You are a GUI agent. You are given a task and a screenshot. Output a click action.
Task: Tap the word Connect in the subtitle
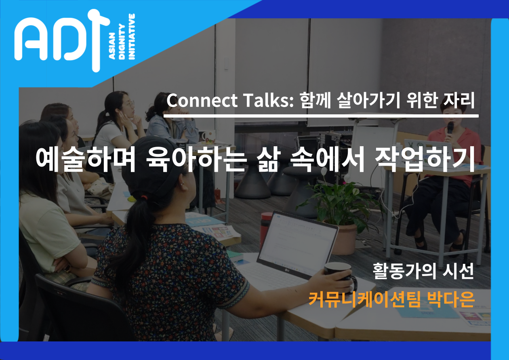202,101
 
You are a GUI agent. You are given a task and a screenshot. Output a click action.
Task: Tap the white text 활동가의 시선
423,271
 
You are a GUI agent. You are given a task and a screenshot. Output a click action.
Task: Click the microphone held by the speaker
450,128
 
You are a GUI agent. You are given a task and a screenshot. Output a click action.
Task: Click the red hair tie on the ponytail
143,197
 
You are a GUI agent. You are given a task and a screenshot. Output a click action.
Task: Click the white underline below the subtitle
321,116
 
